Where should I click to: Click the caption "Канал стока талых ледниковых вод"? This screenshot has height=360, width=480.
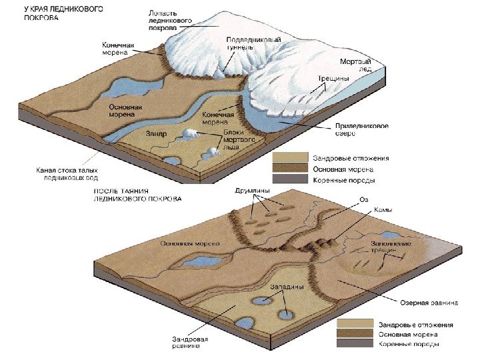tap(61, 174)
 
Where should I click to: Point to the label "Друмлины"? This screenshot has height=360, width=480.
tap(253, 191)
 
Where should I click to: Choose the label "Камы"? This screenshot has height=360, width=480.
tap(383, 210)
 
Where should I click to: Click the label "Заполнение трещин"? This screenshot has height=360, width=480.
tap(391, 247)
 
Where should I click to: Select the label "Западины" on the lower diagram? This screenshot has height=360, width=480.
tap(287, 287)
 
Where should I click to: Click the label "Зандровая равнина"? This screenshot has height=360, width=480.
tap(191, 343)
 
